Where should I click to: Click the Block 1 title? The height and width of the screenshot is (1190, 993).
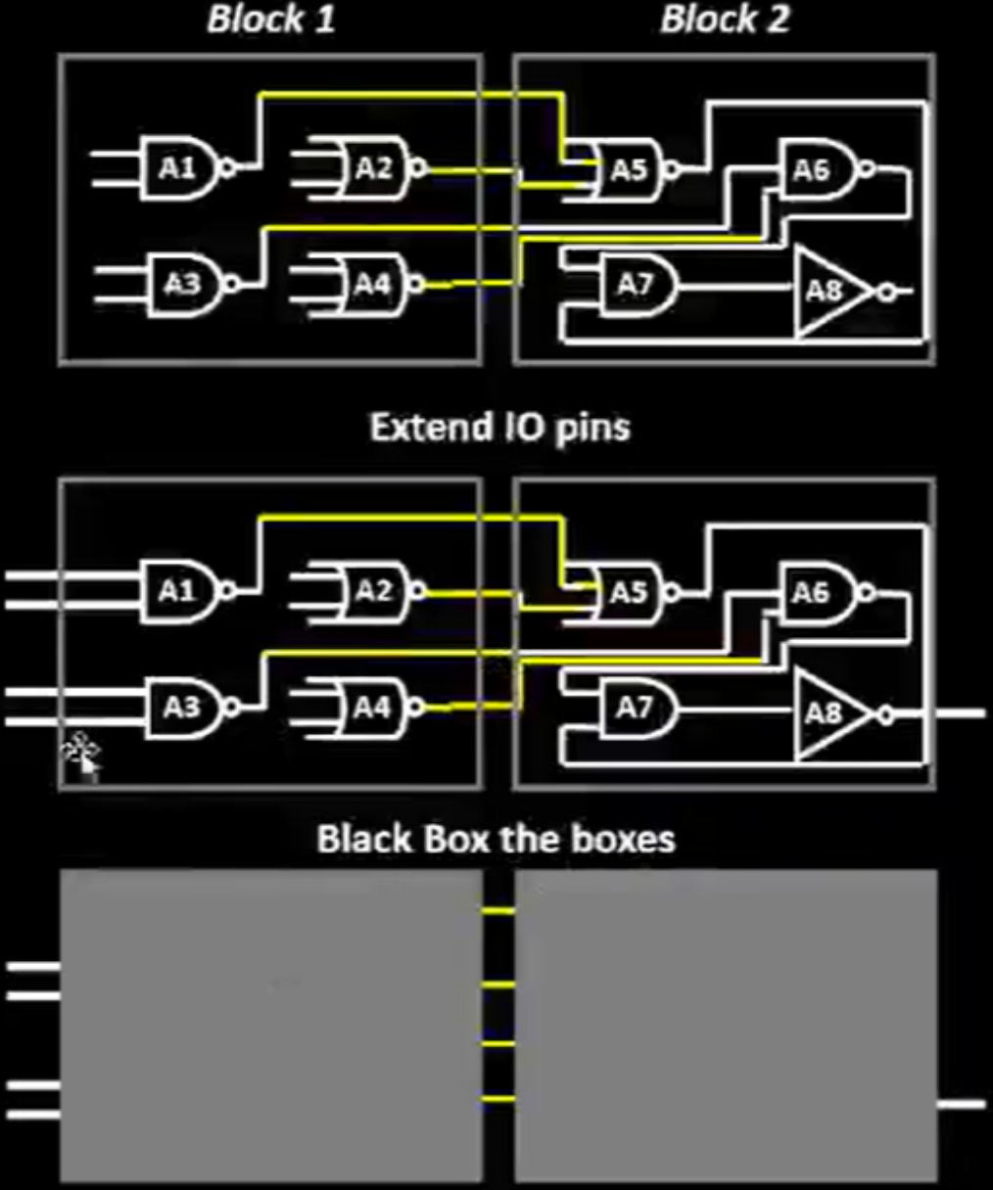(271, 19)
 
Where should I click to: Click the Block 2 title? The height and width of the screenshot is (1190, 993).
(725, 19)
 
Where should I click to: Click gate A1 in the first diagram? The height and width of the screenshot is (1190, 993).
(179, 168)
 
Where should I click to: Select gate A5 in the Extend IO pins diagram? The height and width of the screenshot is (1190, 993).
(629, 593)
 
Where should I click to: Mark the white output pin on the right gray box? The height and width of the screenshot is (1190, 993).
(962, 1105)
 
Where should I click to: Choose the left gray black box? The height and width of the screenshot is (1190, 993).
(271, 1026)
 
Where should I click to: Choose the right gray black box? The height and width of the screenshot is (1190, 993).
(726, 1026)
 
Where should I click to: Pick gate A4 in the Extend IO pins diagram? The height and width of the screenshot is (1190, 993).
(371, 708)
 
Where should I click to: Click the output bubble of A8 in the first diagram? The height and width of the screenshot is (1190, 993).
(886, 293)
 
